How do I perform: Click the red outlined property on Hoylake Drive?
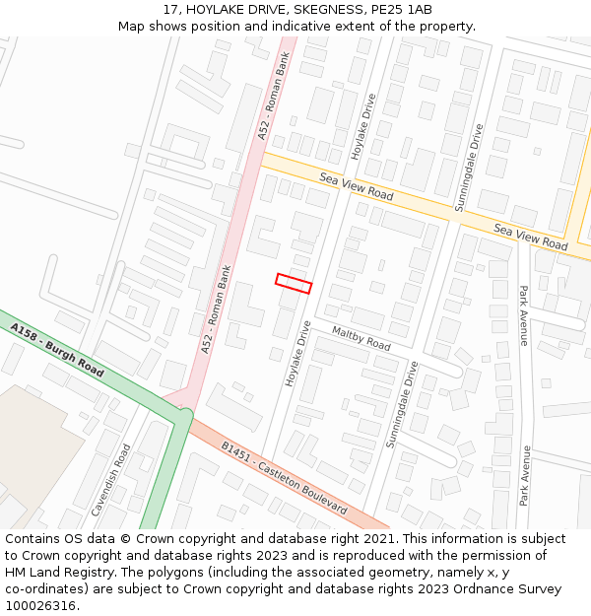[294, 283]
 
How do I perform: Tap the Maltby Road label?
[361, 338]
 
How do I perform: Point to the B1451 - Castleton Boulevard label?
[284, 478]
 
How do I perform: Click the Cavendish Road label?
[110, 480]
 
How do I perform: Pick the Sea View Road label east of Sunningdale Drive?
[531, 237]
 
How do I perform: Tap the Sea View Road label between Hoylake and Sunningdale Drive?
[357, 184]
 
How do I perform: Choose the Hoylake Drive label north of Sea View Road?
[363, 127]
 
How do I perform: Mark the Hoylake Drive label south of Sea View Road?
[297, 353]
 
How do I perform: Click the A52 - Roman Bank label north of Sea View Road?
[275, 96]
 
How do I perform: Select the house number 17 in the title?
[171, 9]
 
